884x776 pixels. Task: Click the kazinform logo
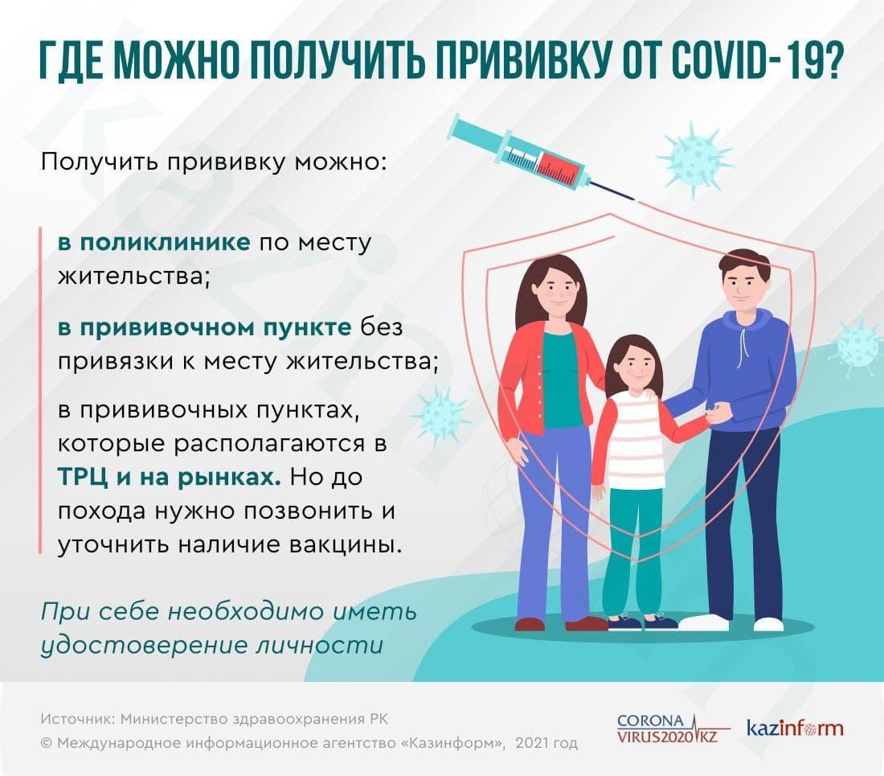point(795,729)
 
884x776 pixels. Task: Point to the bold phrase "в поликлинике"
point(153,243)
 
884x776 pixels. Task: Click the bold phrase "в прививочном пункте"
point(204,327)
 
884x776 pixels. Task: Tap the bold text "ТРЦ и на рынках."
point(170,476)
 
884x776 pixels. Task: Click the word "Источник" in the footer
point(73,718)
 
